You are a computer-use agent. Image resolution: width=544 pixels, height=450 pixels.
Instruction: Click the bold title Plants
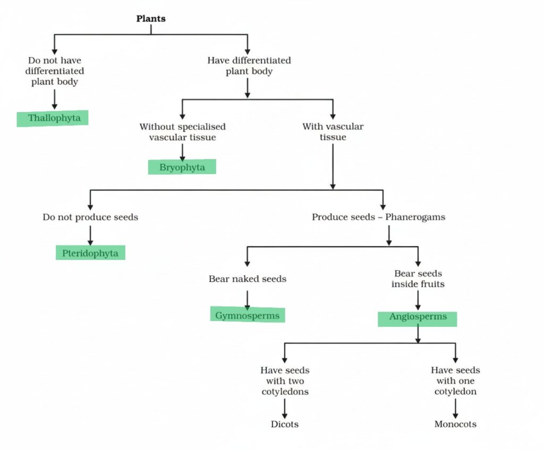[x=151, y=19]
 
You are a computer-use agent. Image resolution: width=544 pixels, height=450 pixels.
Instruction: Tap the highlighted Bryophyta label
[x=182, y=167]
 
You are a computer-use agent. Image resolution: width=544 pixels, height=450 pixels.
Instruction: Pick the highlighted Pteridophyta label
[x=90, y=252]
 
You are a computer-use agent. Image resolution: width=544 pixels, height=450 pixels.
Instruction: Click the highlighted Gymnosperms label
[x=247, y=315]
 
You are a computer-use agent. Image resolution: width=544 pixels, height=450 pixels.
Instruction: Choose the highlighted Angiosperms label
[x=418, y=317]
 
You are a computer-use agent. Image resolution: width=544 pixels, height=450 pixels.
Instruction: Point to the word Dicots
[x=284, y=424]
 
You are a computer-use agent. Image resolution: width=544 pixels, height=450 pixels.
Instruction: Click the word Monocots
[x=455, y=424]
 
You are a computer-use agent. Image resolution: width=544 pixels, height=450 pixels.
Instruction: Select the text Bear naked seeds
[x=248, y=279]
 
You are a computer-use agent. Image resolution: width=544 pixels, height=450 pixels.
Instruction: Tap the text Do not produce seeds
[x=90, y=217]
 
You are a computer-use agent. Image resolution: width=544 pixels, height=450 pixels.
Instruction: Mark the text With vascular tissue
[x=333, y=132]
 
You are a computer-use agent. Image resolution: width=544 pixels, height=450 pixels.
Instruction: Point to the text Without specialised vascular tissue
[x=182, y=132]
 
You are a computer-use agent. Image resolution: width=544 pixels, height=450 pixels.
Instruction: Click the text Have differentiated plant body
[x=249, y=66]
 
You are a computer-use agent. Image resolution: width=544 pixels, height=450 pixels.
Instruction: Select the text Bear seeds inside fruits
[x=418, y=279]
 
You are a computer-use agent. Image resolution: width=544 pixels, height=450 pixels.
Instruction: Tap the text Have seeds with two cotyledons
[x=285, y=380]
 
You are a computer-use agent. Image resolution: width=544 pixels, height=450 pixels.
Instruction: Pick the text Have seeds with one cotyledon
[x=455, y=380]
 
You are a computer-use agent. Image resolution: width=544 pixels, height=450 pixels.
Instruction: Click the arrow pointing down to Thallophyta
[x=54, y=99]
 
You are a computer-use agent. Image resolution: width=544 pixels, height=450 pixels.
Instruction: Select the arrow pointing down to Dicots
[x=285, y=408]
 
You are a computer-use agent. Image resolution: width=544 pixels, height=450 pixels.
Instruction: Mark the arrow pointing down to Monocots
[x=455, y=408]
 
